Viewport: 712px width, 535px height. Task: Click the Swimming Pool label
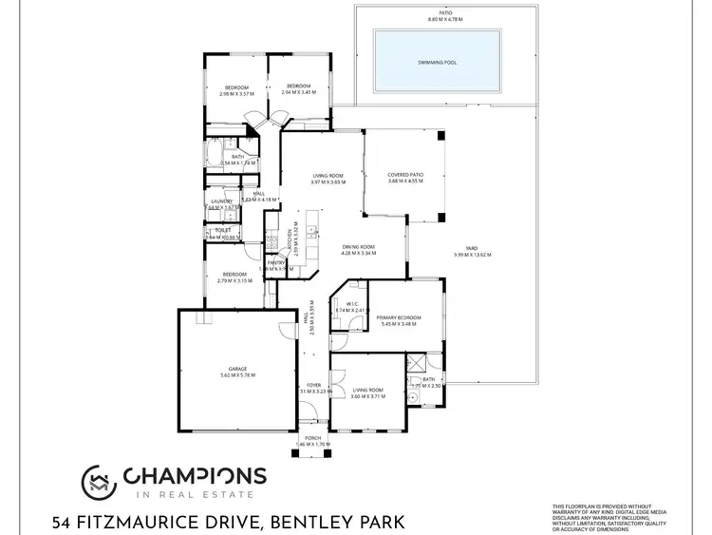[437, 62]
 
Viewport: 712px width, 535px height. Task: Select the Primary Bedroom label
[398, 317]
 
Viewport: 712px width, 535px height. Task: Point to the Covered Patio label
[405, 175]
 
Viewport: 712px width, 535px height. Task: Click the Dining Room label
[359, 247]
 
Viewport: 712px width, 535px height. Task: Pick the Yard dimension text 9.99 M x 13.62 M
[472, 255]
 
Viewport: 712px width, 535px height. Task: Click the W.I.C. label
[344, 304]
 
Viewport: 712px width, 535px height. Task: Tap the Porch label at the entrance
[312, 438]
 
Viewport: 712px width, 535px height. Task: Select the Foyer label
[313, 385]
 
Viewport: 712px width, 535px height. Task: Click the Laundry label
[221, 201]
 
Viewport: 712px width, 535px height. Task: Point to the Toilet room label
[223, 230]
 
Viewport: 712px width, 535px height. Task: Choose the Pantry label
[276, 262]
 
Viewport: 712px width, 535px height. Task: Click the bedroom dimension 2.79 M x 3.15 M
[233, 280]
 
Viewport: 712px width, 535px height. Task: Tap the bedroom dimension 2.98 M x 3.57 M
[236, 93]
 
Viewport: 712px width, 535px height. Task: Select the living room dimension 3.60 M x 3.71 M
[366, 396]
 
